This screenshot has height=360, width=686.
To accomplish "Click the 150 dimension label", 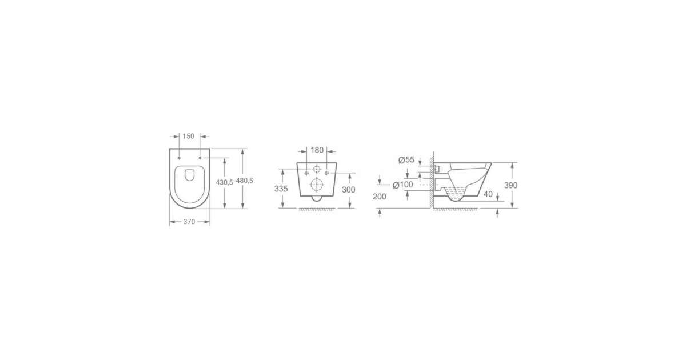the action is pos(188,136).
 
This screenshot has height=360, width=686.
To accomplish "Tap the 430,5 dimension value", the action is pos(224,182).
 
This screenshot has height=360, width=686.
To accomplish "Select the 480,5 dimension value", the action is pos(245,181).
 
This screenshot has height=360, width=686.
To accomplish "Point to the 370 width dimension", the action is pos(189,222).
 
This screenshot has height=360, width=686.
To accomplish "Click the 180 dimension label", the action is pos(317,150).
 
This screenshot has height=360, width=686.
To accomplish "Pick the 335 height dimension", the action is pos(281,189).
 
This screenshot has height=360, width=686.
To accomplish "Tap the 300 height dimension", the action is pos(349,190).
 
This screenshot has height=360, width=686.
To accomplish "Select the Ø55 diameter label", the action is pos(406,160).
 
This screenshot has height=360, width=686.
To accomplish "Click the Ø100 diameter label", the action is pos(403,185).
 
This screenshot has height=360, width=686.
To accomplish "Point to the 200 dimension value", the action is pos(380,197).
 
